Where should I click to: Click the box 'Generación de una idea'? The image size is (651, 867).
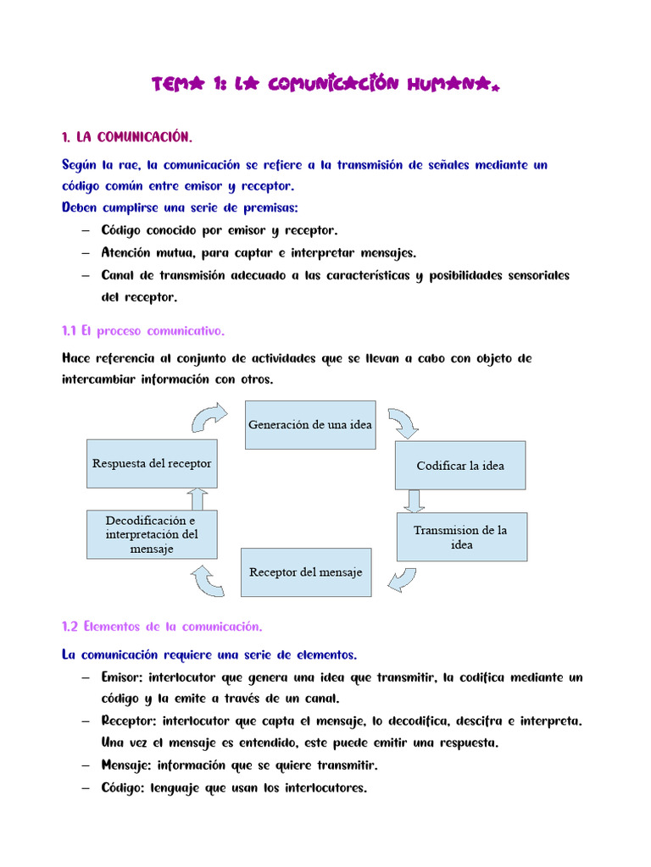[309, 424]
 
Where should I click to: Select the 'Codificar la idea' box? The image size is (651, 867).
[459, 465]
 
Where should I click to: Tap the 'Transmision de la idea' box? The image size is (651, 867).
[461, 537]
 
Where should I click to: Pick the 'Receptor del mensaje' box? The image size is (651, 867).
[305, 572]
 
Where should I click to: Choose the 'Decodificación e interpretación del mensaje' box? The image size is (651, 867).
[152, 534]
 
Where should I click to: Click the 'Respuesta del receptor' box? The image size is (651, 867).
[152, 463]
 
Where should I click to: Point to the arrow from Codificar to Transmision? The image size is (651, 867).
[414, 500]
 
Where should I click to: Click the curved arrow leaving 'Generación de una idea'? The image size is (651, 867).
[403, 422]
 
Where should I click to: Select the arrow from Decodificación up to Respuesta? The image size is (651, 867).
[196, 499]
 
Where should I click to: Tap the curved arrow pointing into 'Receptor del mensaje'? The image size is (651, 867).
[403, 581]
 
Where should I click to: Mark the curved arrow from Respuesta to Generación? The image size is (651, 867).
[209, 417]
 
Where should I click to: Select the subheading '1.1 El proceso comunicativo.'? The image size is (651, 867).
[143, 330]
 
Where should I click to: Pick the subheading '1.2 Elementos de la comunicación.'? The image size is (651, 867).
[162, 627]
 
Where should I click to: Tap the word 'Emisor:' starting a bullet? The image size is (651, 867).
[122, 677]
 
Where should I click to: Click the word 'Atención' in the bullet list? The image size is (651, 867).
[125, 252]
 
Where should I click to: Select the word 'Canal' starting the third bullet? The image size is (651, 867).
[118, 275]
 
